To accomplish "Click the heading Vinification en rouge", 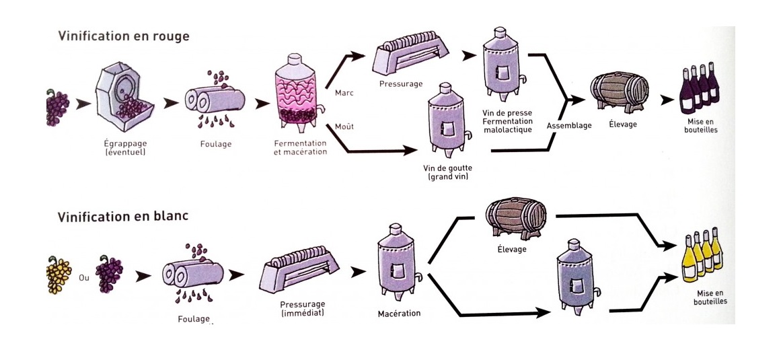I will pyautogui.click(x=123, y=36).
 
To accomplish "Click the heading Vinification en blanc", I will pyautogui.click(x=122, y=217).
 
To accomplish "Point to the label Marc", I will pyautogui.click(x=344, y=92).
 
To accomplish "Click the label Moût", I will pyautogui.click(x=344, y=127).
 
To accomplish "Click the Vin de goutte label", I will pyautogui.click(x=447, y=172).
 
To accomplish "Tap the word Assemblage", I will pyautogui.click(x=569, y=125).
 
